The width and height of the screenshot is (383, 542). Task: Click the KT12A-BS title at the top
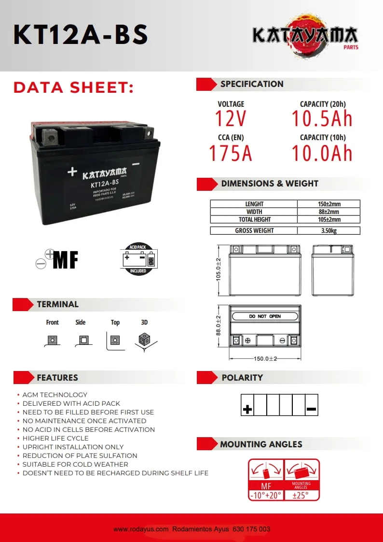click(81, 35)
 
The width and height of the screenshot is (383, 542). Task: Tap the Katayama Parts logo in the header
click(305, 36)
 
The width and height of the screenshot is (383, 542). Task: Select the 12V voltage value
click(231, 119)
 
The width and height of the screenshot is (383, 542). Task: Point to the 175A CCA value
click(231, 153)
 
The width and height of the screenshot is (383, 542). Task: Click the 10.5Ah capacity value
click(322, 119)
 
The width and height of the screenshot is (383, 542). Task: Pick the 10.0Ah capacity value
click(322, 153)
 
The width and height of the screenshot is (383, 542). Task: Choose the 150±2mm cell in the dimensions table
click(328, 204)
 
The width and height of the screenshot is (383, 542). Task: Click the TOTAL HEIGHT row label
click(254, 219)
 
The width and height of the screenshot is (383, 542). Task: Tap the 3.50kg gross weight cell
click(328, 230)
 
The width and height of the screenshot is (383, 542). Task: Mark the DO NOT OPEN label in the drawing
click(265, 316)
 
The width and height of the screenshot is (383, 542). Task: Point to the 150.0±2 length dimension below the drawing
click(265, 359)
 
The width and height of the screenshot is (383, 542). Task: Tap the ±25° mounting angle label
click(301, 495)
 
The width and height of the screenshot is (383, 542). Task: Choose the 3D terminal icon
click(144, 340)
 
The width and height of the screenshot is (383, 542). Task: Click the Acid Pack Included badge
click(138, 259)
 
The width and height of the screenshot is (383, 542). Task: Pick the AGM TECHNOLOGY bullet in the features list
click(55, 395)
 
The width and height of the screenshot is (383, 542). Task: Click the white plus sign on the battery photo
click(72, 171)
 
